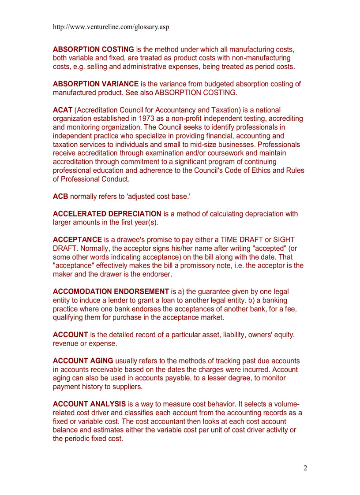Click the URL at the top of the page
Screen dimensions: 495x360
coord(111,27)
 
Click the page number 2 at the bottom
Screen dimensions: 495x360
coord(305,468)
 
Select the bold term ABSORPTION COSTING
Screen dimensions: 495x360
coord(94,49)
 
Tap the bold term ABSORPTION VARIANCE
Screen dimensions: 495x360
coord(96,84)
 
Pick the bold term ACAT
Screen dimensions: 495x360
coord(63,110)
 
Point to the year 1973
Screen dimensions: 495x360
coord(147,119)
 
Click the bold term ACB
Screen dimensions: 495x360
coord(60,197)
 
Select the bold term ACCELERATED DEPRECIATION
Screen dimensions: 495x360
coord(107,214)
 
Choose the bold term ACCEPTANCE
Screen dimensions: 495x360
coord(77,240)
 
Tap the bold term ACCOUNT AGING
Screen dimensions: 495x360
coord(83,361)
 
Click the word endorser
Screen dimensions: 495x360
coord(156,275)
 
